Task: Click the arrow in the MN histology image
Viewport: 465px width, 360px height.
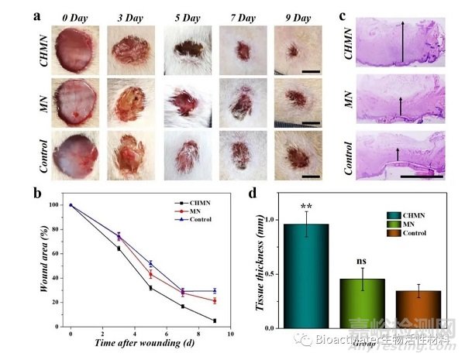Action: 400,106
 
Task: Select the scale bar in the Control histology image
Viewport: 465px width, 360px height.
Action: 422,176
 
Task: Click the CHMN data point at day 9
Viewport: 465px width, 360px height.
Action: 214,321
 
